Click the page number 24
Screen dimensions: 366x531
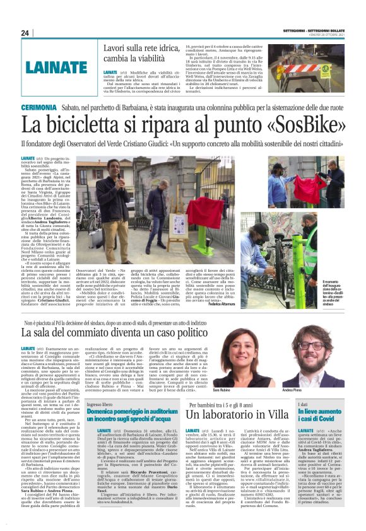point(25,33)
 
